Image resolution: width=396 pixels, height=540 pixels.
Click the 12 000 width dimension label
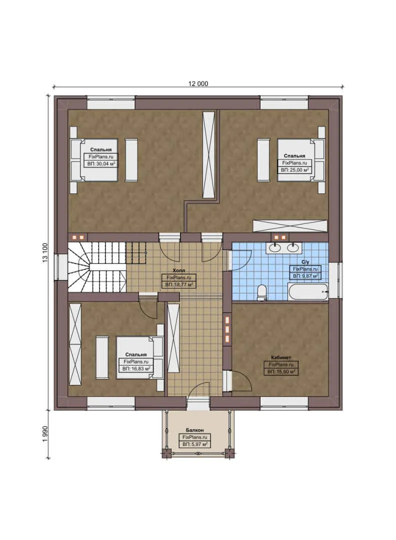pyautogui.click(x=198, y=84)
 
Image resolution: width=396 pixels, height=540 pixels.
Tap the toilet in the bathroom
pyautogui.click(x=262, y=292)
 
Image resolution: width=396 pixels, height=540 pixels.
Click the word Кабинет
pyautogui.click(x=281, y=358)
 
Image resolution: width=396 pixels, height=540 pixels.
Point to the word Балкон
pyautogui.click(x=194, y=430)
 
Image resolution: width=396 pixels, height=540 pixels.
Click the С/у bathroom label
pyautogui.click(x=304, y=261)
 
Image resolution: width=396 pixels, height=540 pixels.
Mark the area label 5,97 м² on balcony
pyautogui.click(x=195, y=443)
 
